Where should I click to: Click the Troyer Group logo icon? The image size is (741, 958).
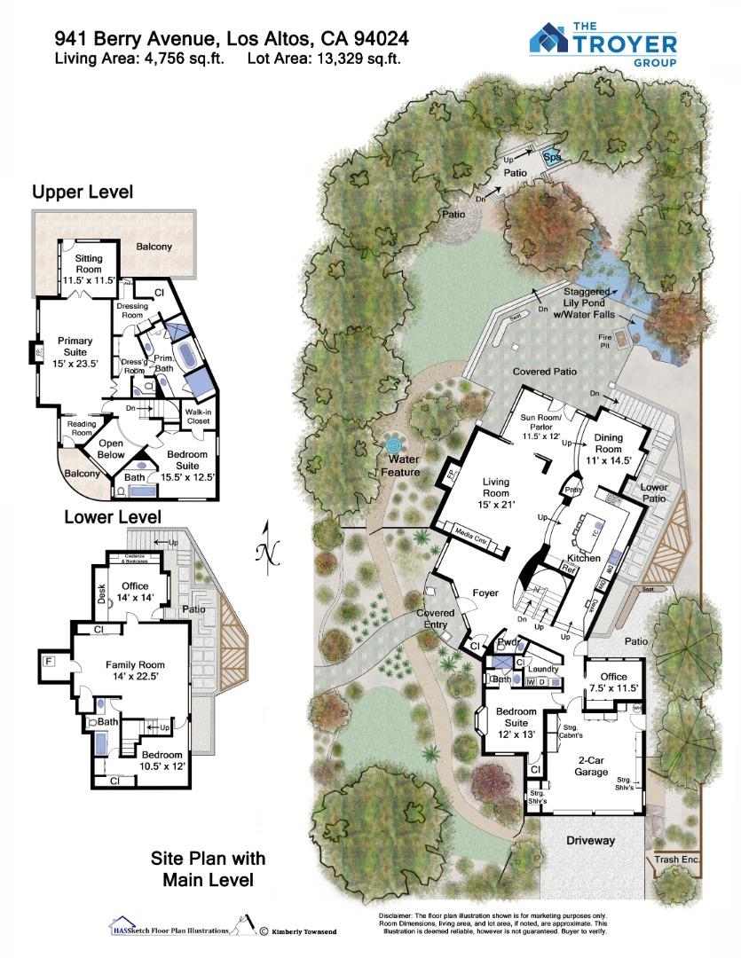[x=548, y=39]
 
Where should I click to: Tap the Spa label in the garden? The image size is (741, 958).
[x=552, y=158]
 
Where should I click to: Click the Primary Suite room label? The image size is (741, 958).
[x=75, y=351]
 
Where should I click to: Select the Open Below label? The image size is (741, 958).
[x=111, y=450]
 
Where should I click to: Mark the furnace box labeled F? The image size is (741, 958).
[x=48, y=660]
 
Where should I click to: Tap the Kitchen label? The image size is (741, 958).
[x=584, y=558]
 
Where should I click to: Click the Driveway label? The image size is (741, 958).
[x=590, y=840]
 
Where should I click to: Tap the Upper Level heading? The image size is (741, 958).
[x=83, y=192]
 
